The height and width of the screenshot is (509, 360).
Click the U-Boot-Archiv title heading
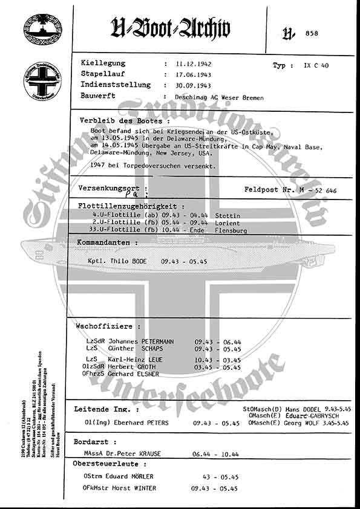(x=171, y=28)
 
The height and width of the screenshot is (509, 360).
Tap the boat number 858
(x=312, y=33)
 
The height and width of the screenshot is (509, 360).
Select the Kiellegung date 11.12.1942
(x=194, y=63)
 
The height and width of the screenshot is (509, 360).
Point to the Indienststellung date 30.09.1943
(x=194, y=85)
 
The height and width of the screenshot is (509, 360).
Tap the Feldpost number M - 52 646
(x=318, y=190)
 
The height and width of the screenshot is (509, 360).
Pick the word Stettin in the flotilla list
(x=227, y=216)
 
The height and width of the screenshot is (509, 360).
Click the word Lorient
(x=227, y=223)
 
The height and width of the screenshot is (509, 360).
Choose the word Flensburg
(x=232, y=230)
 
